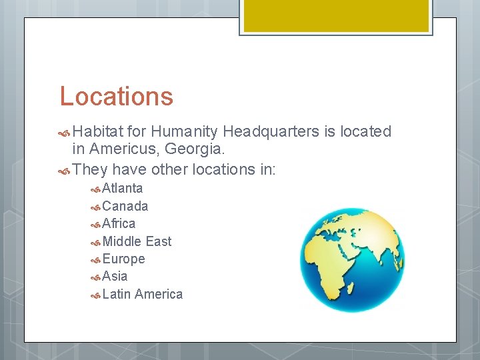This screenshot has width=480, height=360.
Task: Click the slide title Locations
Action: pyautogui.click(x=116, y=97)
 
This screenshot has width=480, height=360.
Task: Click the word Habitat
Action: pyautogui.click(x=99, y=132)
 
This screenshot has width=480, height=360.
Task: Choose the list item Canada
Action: pyautogui.click(x=125, y=206)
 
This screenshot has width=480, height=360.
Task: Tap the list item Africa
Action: pyautogui.click(x=119, y=223)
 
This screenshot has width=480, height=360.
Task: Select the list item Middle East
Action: pyautogui.click(x=137, y=241)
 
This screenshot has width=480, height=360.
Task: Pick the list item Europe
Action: pyautogui.click(x=123, y=259)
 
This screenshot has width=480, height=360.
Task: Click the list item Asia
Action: pyautogui.click(x=115, y=276)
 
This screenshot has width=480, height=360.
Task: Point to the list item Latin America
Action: pyautogui.click(x=142, y=294)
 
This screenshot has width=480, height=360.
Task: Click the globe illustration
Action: pyautogui.click(x=351, y=259)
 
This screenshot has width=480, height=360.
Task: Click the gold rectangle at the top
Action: pyautogui.click(x=335, y=15)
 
